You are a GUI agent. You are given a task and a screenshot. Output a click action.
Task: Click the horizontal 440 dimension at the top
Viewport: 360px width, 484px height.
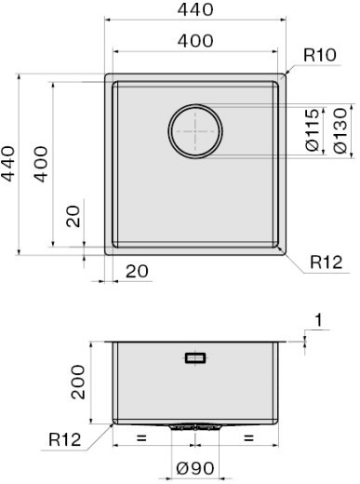click(195, 9)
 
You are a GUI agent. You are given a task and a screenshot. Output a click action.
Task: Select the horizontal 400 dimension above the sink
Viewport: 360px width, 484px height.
click(195, 41)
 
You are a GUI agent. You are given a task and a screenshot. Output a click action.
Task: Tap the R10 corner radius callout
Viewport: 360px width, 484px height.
click(320, 55)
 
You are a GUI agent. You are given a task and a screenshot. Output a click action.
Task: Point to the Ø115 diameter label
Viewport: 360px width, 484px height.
click(313, 129)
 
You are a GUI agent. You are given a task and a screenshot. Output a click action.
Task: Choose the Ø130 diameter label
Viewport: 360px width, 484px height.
click(340, 130)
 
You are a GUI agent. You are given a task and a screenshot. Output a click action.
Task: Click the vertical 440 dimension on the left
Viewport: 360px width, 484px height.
click(7, 164)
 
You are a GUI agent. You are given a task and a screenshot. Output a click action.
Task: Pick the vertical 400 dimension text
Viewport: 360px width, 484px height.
click(41, 164)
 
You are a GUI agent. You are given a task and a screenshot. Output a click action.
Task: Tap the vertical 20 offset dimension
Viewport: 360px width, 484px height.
click(73, 217)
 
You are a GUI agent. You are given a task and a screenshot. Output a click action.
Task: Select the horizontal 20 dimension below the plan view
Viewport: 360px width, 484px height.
click(137, 272)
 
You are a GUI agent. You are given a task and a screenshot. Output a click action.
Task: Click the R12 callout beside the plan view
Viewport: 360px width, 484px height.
click(327, 262)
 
